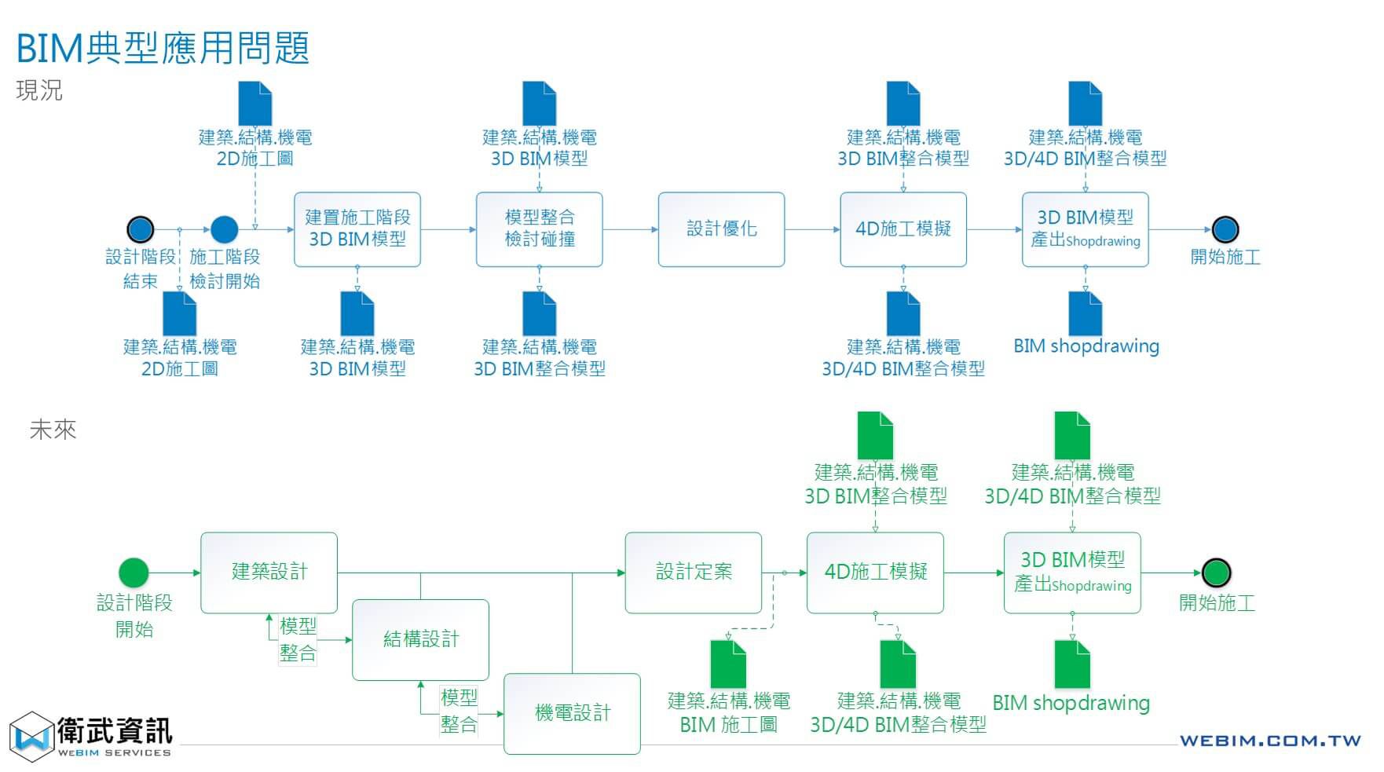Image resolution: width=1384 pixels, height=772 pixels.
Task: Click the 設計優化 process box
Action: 721,229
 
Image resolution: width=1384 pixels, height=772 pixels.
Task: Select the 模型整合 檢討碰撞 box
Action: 539,229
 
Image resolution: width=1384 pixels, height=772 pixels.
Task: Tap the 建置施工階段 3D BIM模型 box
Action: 357,229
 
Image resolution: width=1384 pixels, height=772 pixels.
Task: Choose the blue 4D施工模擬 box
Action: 903,229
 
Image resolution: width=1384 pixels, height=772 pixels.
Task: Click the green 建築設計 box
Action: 269,573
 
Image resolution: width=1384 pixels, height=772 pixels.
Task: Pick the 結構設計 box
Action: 420,639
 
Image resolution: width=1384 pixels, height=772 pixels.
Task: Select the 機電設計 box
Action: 572,713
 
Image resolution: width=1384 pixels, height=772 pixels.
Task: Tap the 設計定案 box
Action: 693,573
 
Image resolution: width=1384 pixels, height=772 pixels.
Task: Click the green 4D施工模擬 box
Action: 875,573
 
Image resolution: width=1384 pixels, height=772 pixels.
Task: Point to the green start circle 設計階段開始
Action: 134,573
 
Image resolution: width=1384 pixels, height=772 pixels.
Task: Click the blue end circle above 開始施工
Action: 1225,229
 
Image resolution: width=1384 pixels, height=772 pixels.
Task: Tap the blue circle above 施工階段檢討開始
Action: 224,229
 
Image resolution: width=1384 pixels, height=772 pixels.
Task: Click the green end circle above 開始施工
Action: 1217,573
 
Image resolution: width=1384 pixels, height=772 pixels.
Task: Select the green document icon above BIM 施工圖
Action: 728,664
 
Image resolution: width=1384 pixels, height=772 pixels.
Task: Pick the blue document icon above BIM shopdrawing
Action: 1086,313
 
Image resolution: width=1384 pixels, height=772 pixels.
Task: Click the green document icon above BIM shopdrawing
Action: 1071,664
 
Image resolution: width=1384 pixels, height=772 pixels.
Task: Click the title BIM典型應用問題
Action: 163,48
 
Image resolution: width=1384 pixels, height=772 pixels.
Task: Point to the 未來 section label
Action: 53,430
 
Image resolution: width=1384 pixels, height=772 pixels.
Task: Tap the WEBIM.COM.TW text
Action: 1269,741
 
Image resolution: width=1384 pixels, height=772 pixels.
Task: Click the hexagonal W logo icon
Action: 31,737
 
